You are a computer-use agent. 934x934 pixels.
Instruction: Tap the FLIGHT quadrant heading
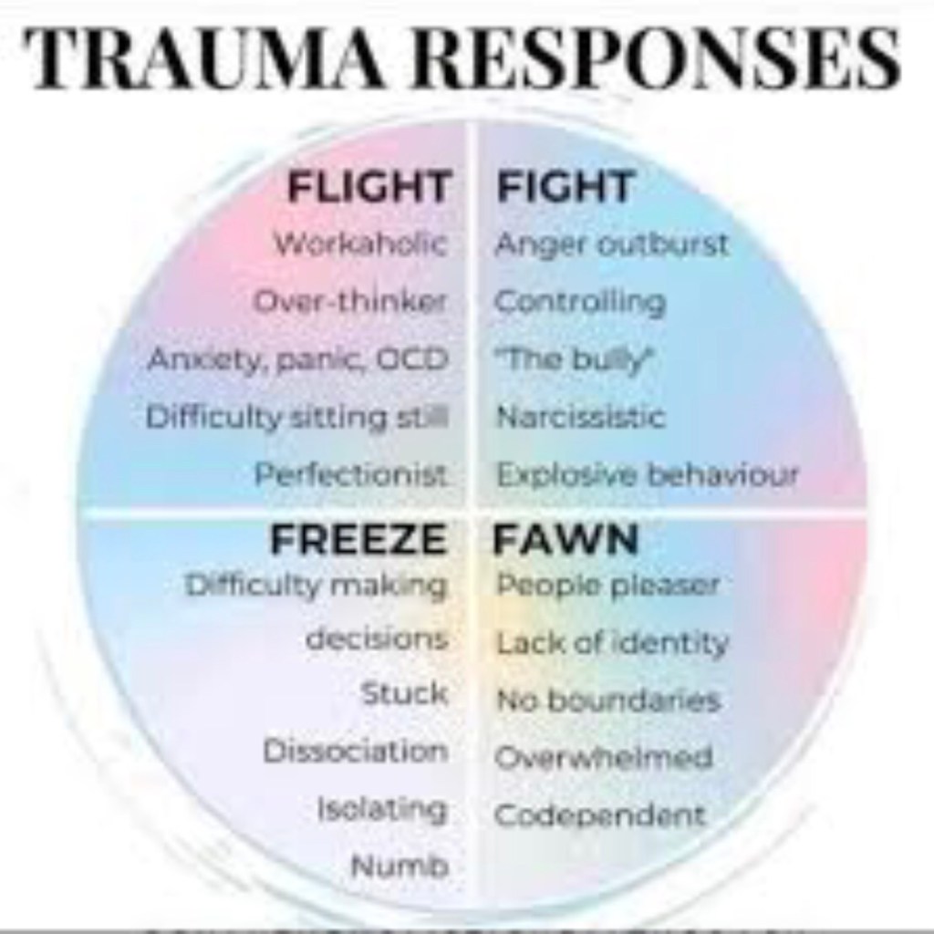[x=368, y=188]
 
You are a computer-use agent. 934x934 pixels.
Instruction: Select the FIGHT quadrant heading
[x=565, y=188]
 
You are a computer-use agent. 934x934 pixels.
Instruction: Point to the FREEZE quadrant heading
[x=358, y=540]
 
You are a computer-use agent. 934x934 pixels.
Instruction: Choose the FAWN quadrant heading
[x=566, y=540]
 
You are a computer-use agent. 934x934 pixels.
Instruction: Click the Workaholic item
[x=361, y=244]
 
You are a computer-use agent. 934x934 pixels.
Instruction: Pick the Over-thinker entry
[x=350, y=301]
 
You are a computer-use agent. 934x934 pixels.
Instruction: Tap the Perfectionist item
[x=351, y=475]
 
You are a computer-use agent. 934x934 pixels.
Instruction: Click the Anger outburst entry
[x=612, y=244]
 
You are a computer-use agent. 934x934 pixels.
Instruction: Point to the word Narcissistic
[x=580, y=418]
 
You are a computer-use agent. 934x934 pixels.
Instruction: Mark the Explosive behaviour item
[x=648, y=475]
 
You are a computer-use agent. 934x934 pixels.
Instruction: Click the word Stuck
[x=405, y=693]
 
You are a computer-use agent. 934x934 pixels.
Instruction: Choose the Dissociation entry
[x=356, y=751]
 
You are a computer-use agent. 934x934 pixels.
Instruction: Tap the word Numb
[x=400, y=866]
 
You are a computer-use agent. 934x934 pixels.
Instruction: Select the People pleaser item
[x=607, y=585]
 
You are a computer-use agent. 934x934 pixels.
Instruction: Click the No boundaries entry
[x=608, y=700]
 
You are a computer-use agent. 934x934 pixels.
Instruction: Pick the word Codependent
[x=600, y=815]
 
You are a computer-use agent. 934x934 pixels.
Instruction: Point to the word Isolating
[x=382, y=808]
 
